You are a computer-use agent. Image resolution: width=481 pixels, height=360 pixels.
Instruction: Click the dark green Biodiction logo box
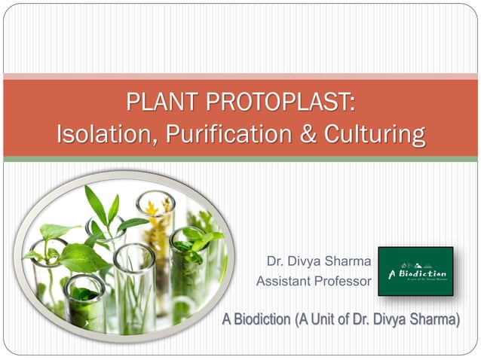point(415,271)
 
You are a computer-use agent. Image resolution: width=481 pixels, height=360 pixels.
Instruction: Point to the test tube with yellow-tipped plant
point(156,218)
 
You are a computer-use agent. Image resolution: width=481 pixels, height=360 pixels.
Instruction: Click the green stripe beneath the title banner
point(240,159)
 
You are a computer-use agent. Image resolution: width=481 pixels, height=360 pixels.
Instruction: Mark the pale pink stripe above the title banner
point(240,76)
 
